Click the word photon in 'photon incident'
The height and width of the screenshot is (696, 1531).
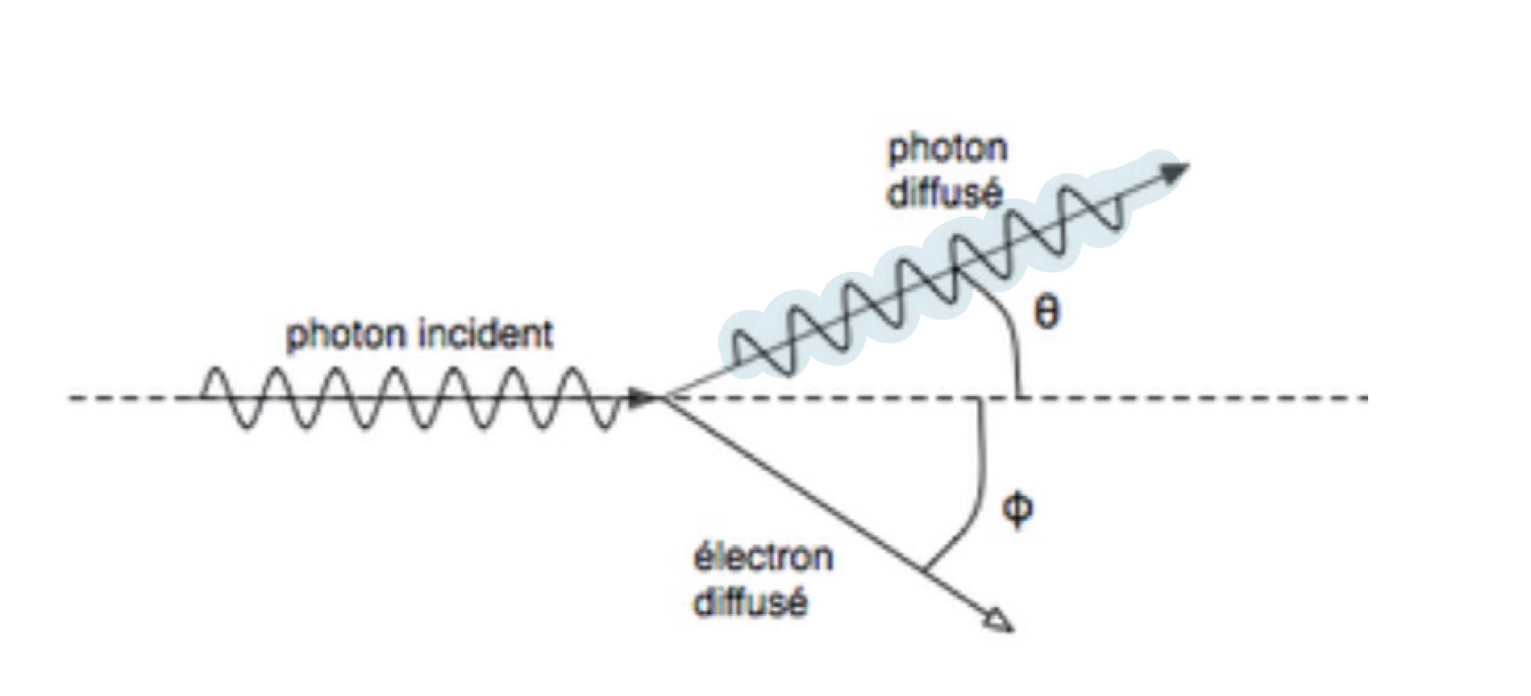(x=346, y=335)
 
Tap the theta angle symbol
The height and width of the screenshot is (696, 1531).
(x=1046, y=313)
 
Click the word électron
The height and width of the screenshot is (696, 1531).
(x=764, y=557)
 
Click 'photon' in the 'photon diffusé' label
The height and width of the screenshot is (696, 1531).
(x=948, y=149)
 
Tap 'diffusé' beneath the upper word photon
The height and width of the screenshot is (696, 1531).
(x=946, y=193)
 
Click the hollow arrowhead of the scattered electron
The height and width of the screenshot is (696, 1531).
(x=1000, y=621)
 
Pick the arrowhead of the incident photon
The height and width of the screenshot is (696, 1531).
(x=643, y=399)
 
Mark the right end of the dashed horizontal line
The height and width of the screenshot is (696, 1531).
(x=1366, y=399)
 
